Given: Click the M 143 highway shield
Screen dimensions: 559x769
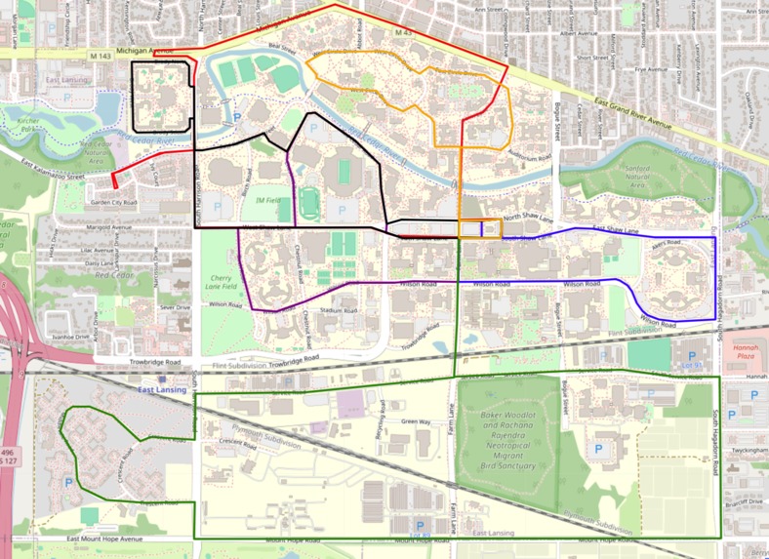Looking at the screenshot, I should pyautogui.click(x=97, y=58).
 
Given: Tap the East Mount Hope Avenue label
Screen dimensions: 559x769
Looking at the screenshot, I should pyautogui.click(x=103, y=539).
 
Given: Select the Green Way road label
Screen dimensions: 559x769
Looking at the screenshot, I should pyautogui.click(x=416, y=421).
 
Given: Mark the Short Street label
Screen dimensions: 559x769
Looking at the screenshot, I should pyautogui.click(x=592, y=58).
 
